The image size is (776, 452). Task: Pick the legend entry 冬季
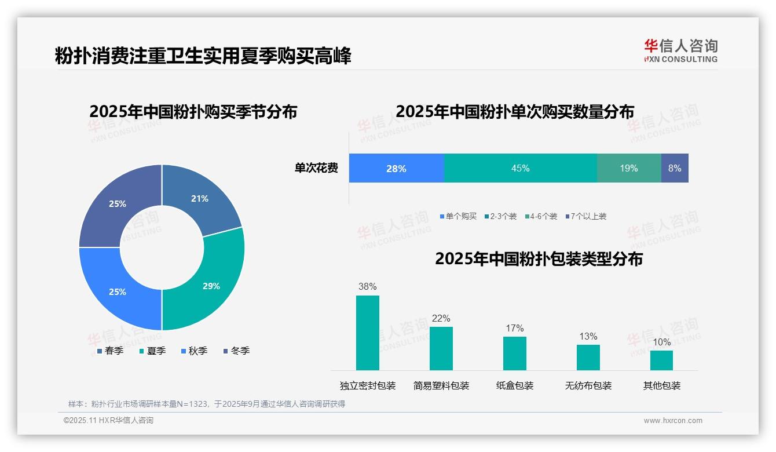point(236,351)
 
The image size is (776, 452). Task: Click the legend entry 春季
point(109,351)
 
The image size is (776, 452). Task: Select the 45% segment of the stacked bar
point(520,168)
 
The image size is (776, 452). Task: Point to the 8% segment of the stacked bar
point(675,168)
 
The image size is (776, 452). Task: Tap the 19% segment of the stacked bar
point(629,168)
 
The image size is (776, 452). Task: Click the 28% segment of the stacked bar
point(396,168)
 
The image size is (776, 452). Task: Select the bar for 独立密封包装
point(367,333)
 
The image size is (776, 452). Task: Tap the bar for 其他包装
point(661,360)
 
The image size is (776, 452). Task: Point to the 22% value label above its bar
point(441,318)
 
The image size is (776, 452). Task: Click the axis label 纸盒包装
point(515,385)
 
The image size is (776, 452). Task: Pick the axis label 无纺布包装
point(588,385)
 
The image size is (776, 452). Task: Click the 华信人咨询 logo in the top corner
point(680,51)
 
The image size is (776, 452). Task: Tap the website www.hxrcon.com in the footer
point(673,421)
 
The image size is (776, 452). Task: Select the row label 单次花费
point(316,168)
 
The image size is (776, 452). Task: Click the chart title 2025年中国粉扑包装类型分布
point(539,258)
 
